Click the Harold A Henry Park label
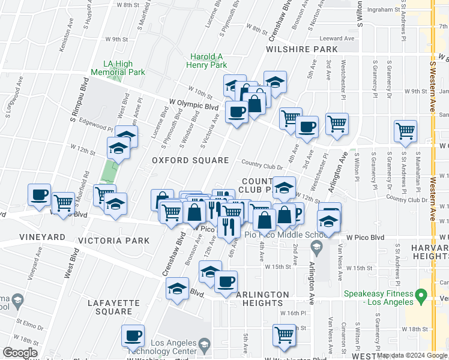208,61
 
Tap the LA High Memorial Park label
118,68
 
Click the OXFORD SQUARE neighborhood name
190,160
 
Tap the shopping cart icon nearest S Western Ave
406,131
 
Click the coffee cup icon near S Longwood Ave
40,194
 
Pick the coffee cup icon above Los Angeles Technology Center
133,335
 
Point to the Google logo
20,353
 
